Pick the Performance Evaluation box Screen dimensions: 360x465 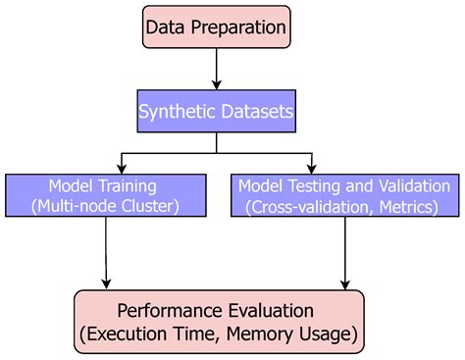217,322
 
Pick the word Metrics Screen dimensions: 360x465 416,205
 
